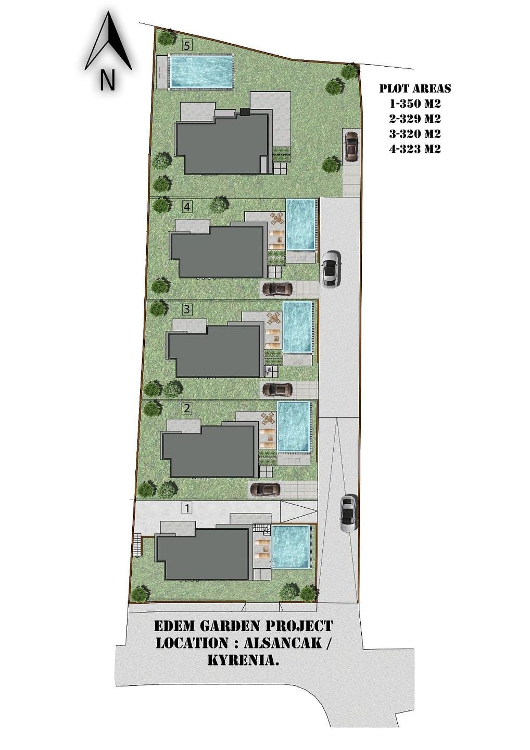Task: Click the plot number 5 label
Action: click(187, 45)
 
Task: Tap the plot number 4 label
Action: click(187, 207)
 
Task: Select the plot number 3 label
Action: click(187, 309)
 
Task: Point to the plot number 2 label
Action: click(187, 408)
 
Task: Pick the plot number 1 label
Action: click(187, 508)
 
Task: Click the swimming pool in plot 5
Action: click(201, 72)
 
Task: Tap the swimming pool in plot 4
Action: click(301, 224)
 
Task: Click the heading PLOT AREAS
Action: click(415, 89)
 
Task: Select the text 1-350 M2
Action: click(415, 104)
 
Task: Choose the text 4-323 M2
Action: click(415, 149)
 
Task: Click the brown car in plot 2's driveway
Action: click(267, 490)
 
